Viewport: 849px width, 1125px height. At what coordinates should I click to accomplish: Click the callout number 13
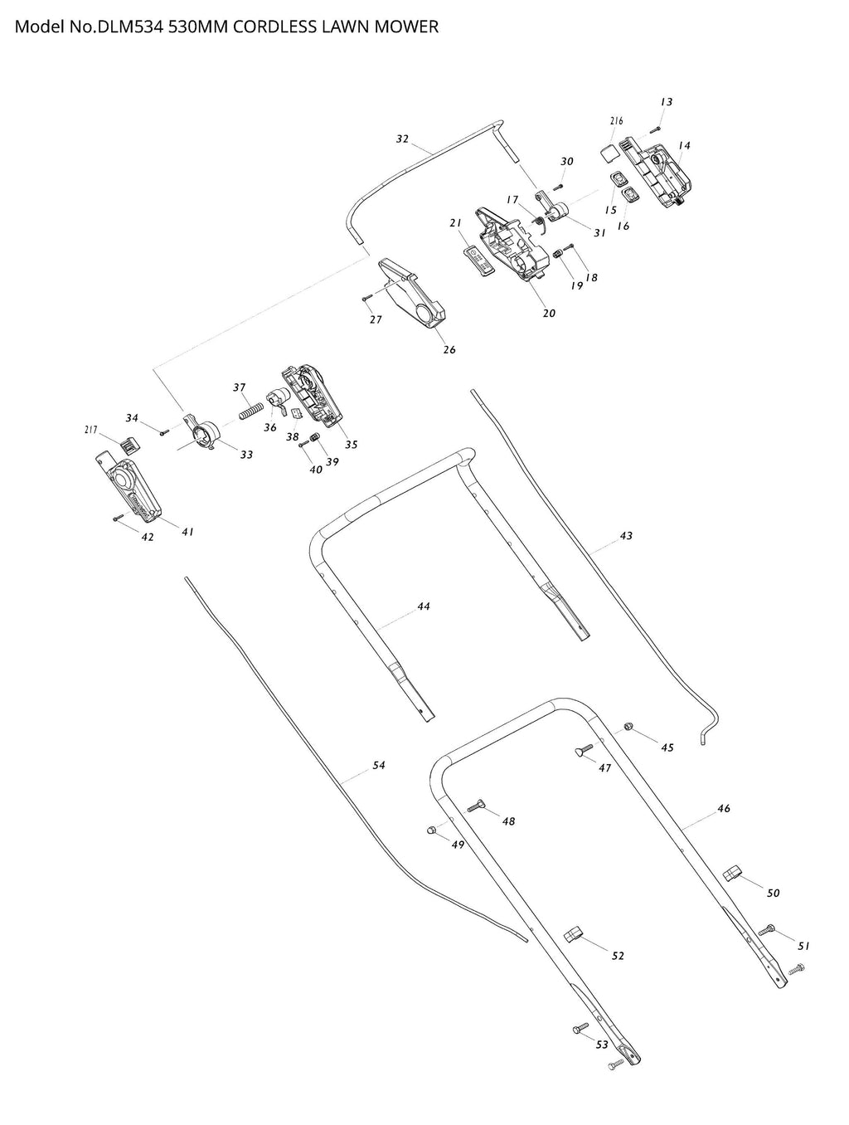667,102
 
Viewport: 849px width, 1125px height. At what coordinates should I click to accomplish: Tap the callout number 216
617,121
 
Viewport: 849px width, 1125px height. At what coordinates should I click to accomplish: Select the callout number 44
424,606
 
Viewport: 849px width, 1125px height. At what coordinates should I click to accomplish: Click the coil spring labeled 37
252,410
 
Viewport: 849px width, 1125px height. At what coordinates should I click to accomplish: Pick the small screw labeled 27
366,297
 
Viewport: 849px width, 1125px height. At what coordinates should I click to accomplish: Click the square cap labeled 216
609,152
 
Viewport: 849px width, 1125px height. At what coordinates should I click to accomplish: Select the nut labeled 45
628,726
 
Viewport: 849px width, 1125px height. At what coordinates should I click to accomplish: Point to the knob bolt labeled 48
476,806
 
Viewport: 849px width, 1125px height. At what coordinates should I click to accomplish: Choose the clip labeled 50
732,872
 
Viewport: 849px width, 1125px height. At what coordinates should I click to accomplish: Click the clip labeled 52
574,934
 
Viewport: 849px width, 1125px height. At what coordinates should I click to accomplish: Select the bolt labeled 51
767,930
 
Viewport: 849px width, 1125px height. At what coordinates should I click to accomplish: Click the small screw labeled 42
119,517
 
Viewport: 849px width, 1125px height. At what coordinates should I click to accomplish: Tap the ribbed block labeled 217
130,445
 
